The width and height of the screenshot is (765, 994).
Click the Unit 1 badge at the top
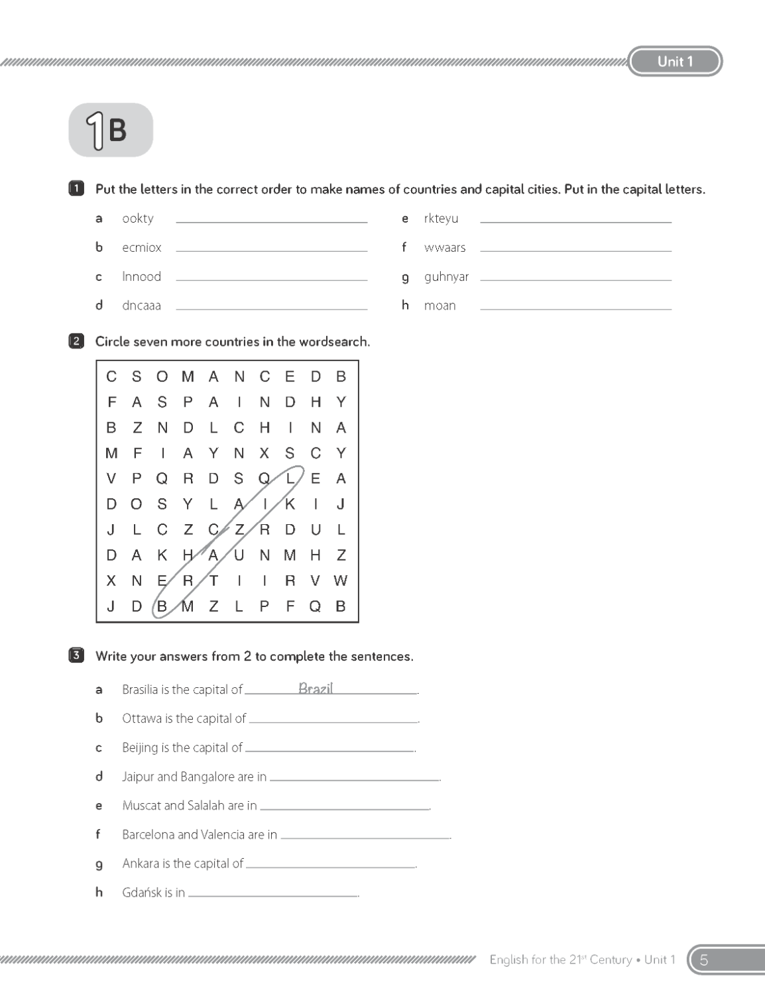click(x=675, y=62)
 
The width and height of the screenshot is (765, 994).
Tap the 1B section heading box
click(x=111, y=130)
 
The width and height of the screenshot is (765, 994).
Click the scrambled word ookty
click(x=138, y=219)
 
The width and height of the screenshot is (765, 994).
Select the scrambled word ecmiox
click(x=142, y=248)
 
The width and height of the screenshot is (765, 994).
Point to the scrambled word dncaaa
click(x=141, y=305)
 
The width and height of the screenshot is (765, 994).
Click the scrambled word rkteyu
click(x=441, y=219)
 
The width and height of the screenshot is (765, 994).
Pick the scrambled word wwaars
click(x=445, y=248)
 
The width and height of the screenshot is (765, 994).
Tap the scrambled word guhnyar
click(x=446, y=277)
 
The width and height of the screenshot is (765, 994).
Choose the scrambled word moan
click(x=440, y=305)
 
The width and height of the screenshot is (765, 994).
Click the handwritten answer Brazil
click(x=316, y=689)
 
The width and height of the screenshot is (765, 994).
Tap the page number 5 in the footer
click(x=704, y=960)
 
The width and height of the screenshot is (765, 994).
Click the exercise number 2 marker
click(x=76, y=342)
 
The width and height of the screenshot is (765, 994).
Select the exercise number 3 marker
click(x=76, y=656)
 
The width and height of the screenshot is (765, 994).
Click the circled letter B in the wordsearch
click(x=162, y=606)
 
